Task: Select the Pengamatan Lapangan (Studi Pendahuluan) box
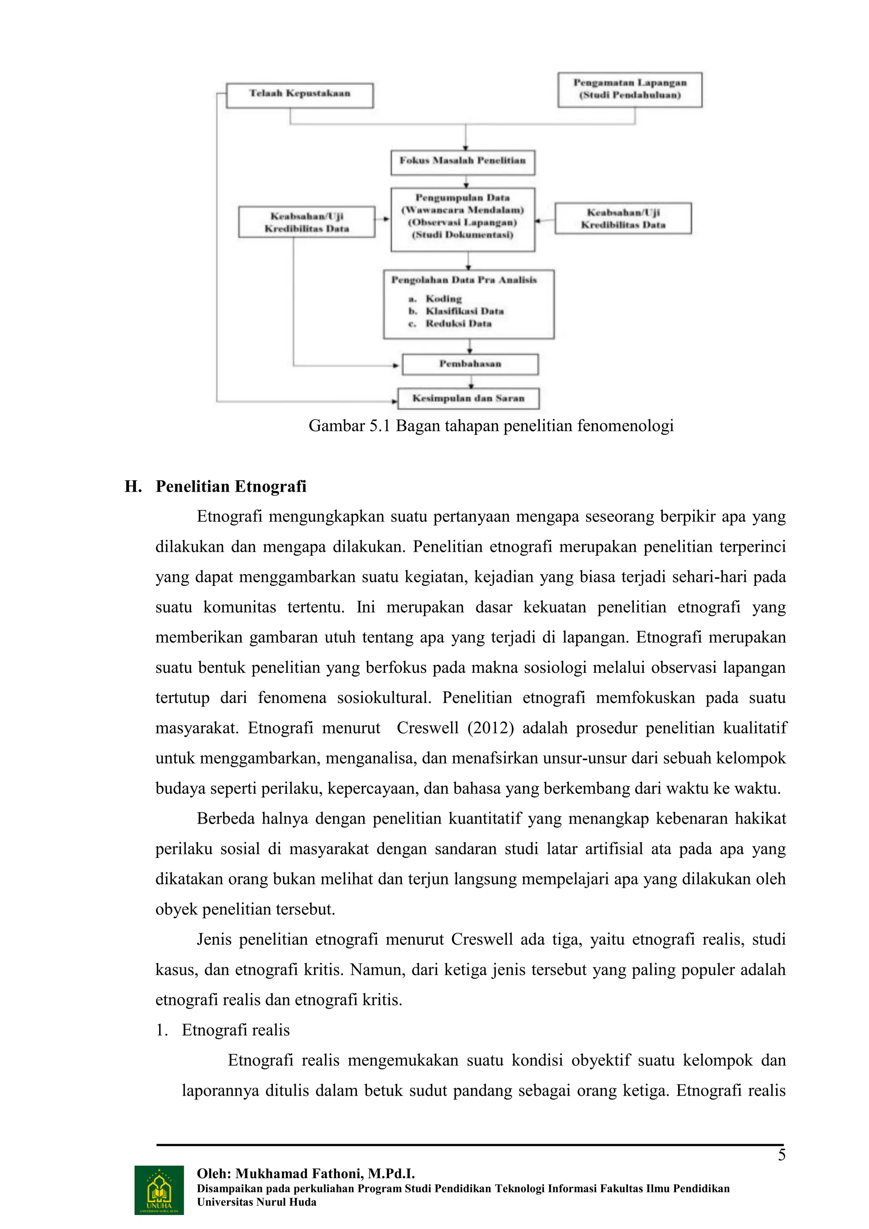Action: coord(630,90)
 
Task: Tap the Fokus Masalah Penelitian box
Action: coord(463,162)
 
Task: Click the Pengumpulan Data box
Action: coord(463,218)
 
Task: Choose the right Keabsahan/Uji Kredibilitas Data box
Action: coord(623,218)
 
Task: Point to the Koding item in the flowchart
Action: coord(443,299)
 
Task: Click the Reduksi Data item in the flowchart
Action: coord(458,323)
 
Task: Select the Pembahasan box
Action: coord(470,364)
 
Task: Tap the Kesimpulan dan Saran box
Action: coord(468,398)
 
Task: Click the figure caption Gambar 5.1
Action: coord(491,426)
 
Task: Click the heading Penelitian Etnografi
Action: coord(231,487)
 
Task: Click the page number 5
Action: coord(781,1155)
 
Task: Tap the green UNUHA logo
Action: coord(159,1190)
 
